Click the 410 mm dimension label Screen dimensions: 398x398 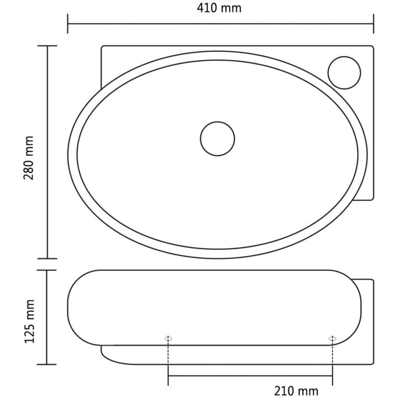(x=219, y=8)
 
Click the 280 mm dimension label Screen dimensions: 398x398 (x=29, y=158)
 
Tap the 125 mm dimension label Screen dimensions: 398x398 (x=29, y=321)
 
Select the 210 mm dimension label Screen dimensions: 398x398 (x=296, y=391)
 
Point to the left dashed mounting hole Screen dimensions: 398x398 (x=169, y=338)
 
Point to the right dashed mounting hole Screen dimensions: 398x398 (x=333, y=338)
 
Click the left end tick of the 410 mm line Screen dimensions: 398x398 (x=68, y=24)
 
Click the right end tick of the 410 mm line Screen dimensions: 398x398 (x=373, y=24)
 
